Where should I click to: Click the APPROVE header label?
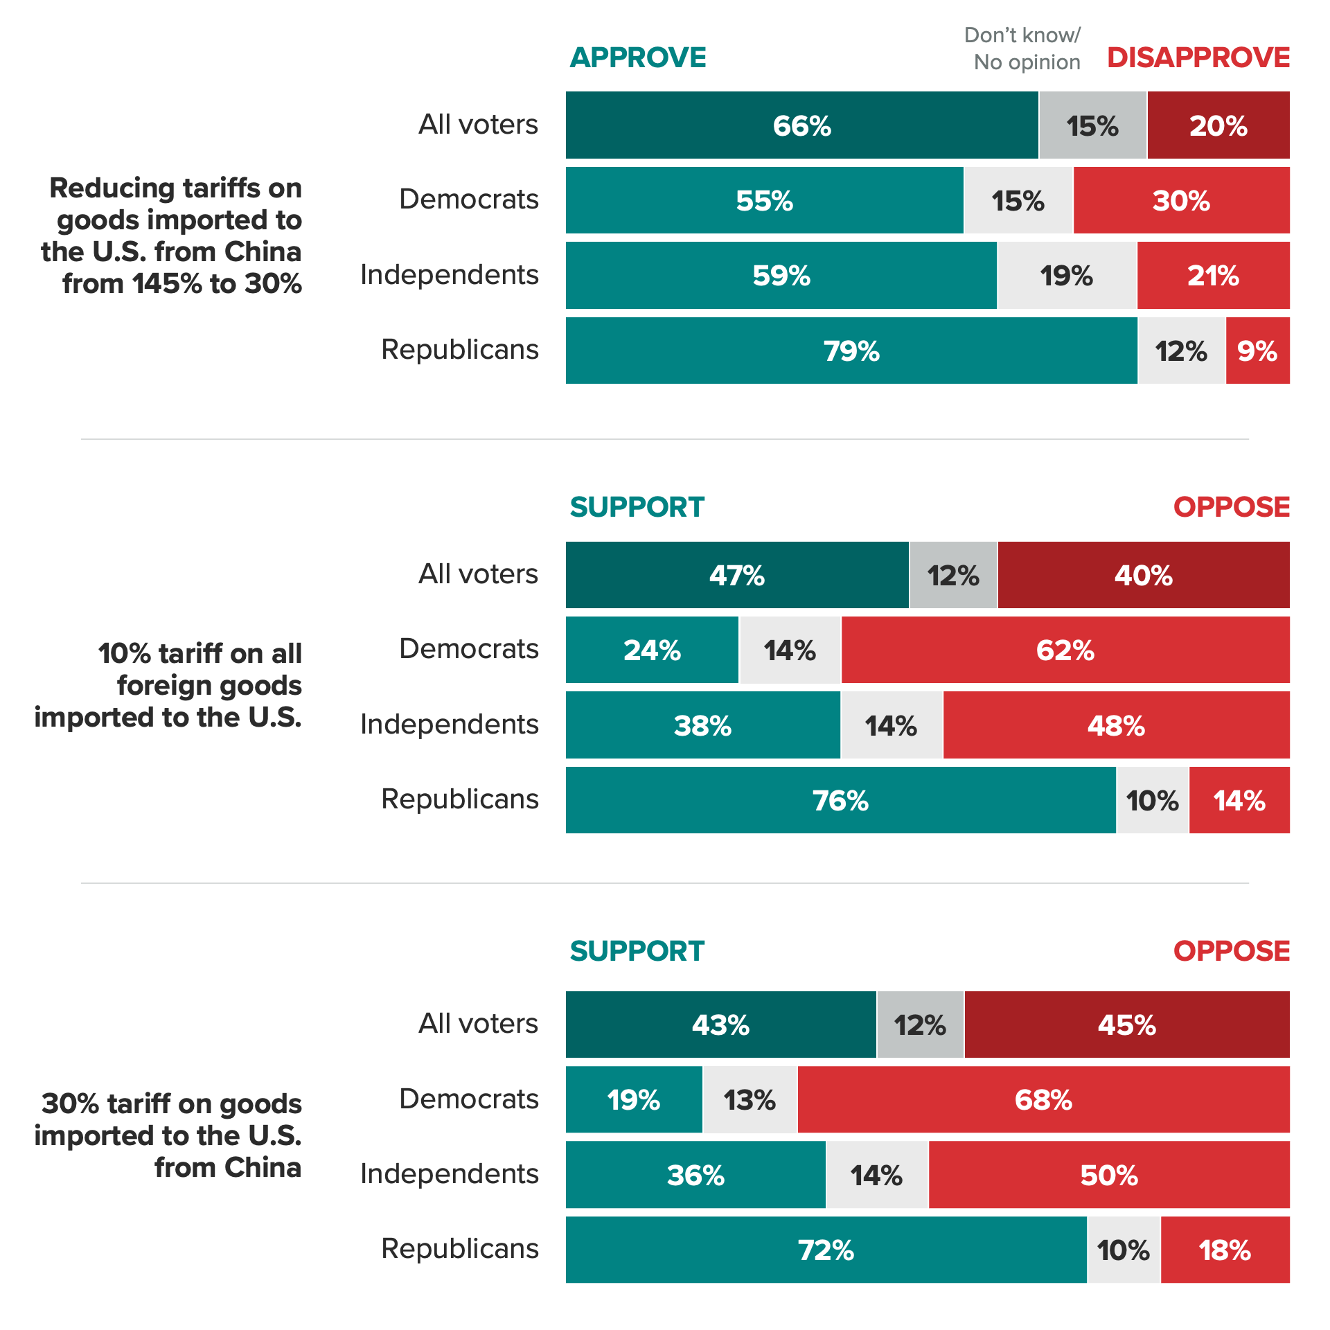click(x=637, y=57)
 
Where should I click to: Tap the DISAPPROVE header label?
click(x=1198, y=57)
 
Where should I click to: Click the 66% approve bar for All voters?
click(x=801, y=125)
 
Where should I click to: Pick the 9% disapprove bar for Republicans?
click(x=1257, y=351)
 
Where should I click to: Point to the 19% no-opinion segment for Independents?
click(x=1067, y=276)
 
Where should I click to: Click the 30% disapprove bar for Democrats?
click(x=1181, y=201)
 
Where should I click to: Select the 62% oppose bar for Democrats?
click(x=1065, y=650)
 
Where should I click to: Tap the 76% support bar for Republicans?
click(x=840, y=800)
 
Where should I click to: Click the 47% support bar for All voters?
click(x=737, y=575)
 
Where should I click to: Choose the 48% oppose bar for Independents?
click(x=1116, y=725)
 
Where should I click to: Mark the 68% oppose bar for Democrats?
click(x=1043, y=1100)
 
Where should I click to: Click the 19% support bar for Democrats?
click(x=634, y=1100)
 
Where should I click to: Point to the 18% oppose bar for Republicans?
click(x=1225, y=1250)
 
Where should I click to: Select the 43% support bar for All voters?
click(x=720, y=1025)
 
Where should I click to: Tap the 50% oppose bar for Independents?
click(x=1109, y=1175)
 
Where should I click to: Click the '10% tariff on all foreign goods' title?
click(x=168, y=685)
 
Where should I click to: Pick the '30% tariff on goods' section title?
click(x=168, y=1135)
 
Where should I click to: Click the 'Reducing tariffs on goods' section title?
click(x=172, y=236)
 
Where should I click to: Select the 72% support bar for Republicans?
click(x=826, y=1250)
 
